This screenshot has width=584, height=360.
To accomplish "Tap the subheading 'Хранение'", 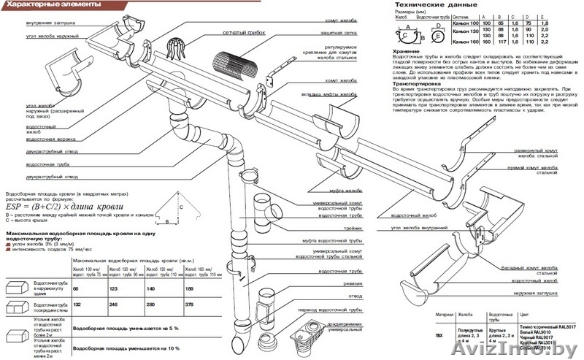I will (x=407, y=52).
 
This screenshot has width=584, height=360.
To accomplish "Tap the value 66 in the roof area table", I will (x=77, y=289).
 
